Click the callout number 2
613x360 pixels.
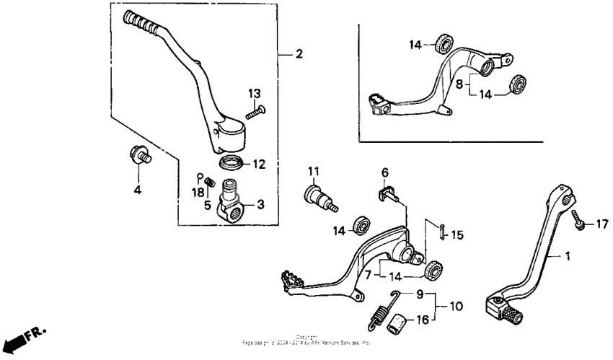(x=299, y=54)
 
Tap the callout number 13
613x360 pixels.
(x=254, y=94)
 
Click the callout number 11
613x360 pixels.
(x=313, y=171)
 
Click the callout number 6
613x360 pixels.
(x=384, y=173)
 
